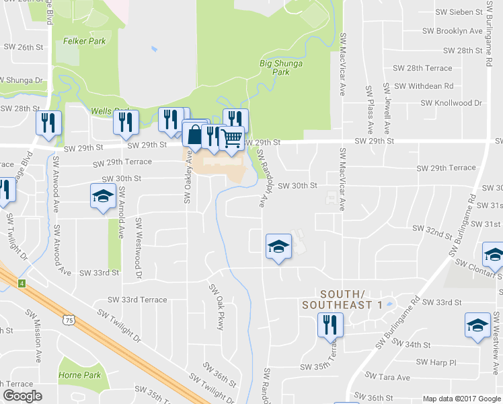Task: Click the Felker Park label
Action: point(85,40)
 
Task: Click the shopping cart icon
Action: point(232,138)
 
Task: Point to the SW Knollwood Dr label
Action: point(452,103)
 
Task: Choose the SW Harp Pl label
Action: point(436,362)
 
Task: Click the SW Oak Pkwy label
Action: point(215,306)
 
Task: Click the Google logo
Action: point(22,395)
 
